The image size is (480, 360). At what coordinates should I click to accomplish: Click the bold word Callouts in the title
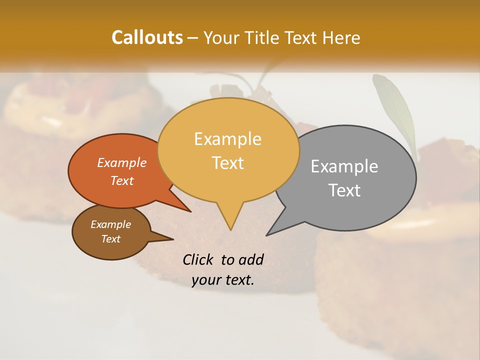(x=147, y=37)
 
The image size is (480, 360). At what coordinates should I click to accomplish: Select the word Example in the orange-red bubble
(x=121, y=162)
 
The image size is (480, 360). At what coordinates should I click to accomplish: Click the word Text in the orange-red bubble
(x=121, y=180)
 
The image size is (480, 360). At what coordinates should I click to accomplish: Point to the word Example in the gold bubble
(x=227, y=139)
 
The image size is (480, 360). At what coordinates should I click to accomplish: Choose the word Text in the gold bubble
(x=227, y=163)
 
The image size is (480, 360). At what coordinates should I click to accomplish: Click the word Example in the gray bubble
(x=344, y=166)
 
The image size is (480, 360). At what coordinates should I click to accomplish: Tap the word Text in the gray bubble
(x=344, y=190)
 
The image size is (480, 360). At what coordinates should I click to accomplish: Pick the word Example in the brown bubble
(x=110, y=224)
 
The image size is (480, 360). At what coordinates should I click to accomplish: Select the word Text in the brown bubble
(x=110, y=239)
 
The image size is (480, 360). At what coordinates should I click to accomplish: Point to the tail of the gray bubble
(x=274, y=229)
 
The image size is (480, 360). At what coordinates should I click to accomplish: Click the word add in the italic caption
(x=251, y=259)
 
